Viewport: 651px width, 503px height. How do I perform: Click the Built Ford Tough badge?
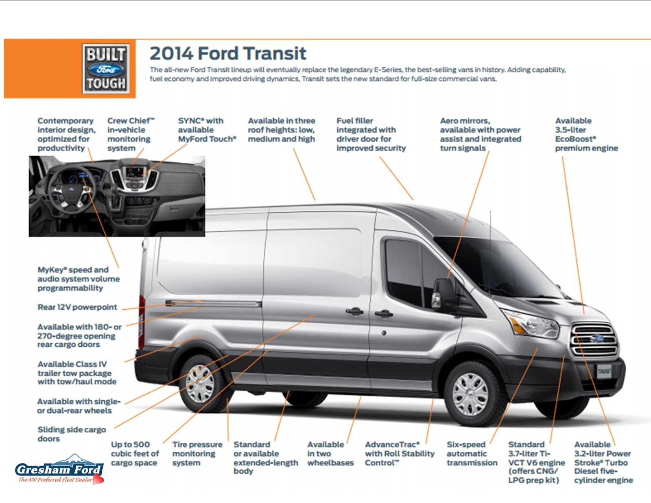point(106,69)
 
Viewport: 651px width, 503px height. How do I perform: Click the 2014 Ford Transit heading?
point(228,54)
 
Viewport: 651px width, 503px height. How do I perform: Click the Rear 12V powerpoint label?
point(77,307)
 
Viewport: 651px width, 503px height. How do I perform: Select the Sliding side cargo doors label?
point(72,434)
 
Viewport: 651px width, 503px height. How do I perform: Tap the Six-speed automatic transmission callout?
point(472,454)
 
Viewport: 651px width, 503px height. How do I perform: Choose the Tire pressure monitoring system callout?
point(197,454)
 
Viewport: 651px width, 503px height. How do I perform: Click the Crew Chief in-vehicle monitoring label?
point(130,134)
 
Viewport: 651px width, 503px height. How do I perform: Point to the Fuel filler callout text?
point(371,134)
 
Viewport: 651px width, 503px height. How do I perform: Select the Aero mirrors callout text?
point(480,134)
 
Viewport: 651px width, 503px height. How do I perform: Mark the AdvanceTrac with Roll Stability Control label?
point(400,454)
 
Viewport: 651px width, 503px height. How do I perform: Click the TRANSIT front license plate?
point(604,371)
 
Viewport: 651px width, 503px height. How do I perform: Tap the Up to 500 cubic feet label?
point(135,454)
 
